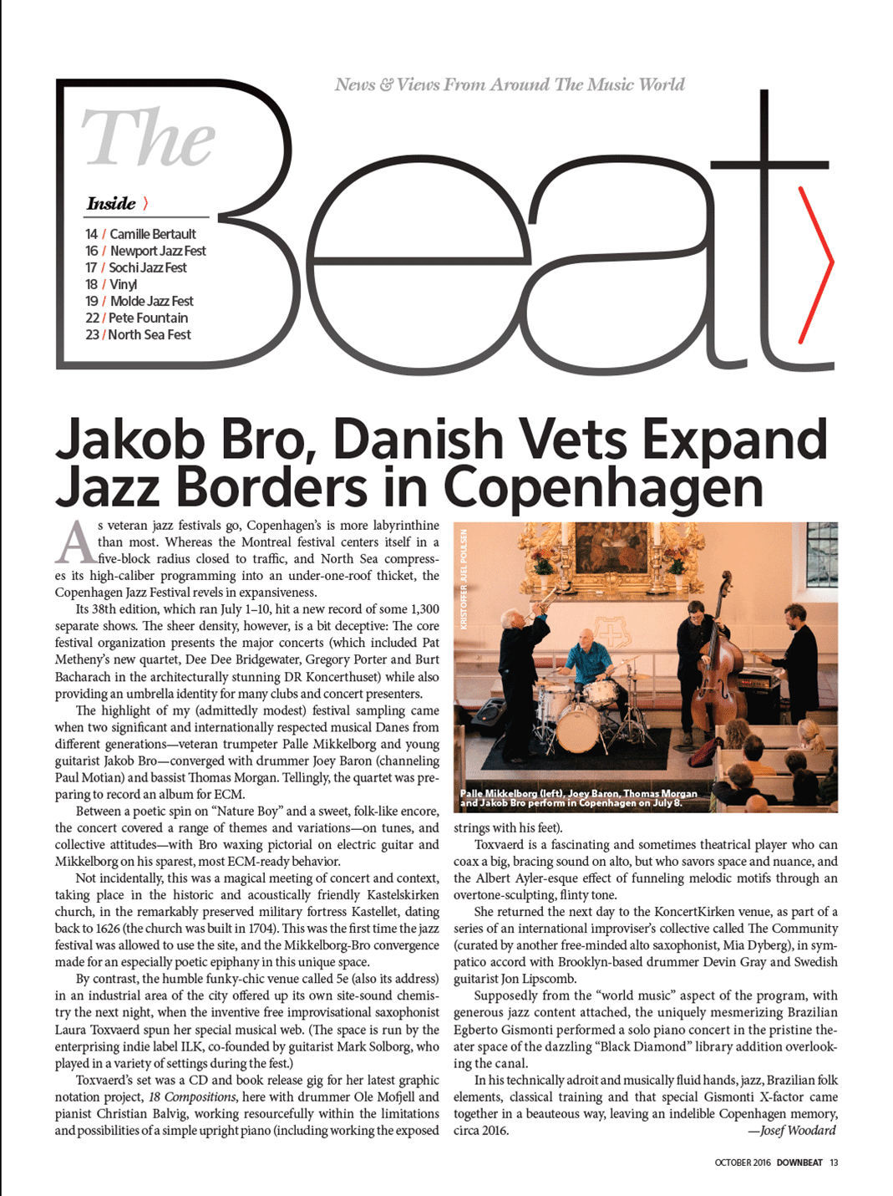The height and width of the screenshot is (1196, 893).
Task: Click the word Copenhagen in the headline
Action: coord(602,487)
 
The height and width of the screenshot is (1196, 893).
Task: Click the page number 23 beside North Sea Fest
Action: coord(92,334)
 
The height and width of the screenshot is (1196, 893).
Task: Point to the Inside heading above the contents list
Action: coord(111,203)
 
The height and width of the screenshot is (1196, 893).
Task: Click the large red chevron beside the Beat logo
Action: coord(816,263)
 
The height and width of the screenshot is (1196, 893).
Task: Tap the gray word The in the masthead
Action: coord(148,138)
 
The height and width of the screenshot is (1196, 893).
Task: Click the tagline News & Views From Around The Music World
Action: coord(510,84)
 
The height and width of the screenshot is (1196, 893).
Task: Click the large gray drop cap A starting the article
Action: coord(74,542)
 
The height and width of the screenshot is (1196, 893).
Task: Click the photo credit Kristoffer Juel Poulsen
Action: coord(464,578)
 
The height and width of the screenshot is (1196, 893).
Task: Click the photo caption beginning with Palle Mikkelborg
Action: coord(578,798)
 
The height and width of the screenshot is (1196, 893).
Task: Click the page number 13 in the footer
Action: coord(834,1163)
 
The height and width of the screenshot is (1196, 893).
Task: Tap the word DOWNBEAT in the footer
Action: coord(799,1163)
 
